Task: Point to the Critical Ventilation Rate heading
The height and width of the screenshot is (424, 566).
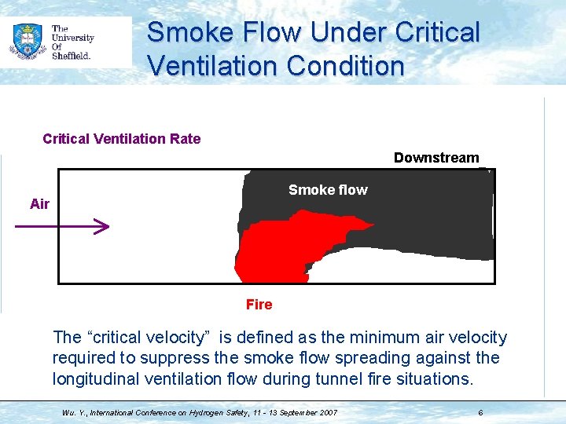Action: pos(122,139)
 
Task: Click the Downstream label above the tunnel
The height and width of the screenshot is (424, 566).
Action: pos(436,158)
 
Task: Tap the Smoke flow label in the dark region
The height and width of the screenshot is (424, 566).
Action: pos(327,190)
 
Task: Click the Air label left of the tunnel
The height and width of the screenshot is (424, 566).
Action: pos(39,204)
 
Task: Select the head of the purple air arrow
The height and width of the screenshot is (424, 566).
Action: pos(101,228)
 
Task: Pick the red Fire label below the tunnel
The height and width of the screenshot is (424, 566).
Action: pos(259,305)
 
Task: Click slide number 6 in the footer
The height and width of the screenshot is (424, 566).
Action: pos(480,412)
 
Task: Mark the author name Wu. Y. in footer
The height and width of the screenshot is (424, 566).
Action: pos(72,412)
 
